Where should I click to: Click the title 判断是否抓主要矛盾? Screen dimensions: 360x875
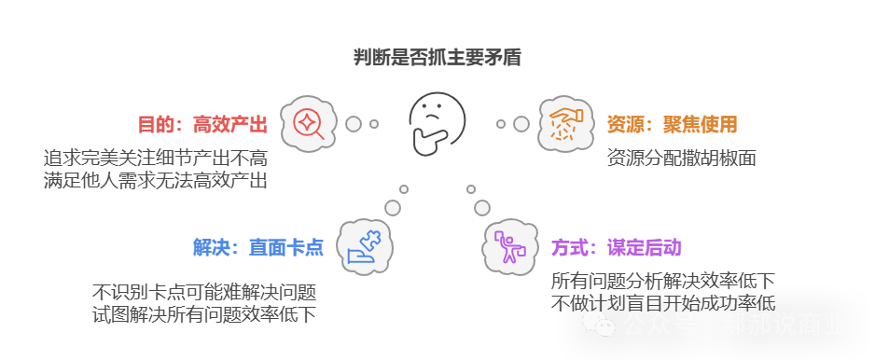tap(437, 58)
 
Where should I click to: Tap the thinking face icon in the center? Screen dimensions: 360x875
tap(437, 123)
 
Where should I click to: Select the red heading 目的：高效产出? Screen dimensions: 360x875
tap(202, 124)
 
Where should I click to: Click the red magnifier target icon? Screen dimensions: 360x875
tap(308, 123)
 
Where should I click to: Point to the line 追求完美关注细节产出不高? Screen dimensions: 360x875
tap(155, 158)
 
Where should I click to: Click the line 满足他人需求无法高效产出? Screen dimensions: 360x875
tap(155, 180)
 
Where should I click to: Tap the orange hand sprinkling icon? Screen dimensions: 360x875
tap(565, 124)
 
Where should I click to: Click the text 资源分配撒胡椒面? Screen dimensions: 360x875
tap(681, 158)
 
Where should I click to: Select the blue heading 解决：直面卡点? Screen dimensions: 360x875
tap(257, 247)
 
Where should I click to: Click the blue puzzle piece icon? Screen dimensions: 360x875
tap(364, 246)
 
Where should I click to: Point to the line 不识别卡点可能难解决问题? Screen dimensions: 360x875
tap(203, 291)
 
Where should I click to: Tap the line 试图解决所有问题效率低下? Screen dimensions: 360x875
tap(203, 314)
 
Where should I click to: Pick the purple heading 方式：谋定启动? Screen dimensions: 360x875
tap(616, 247)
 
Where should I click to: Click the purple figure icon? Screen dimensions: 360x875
tap(509, 246)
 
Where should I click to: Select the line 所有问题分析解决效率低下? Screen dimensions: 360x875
tap(662, 280)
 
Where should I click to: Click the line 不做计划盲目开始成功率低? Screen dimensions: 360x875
tap(662, 302)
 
